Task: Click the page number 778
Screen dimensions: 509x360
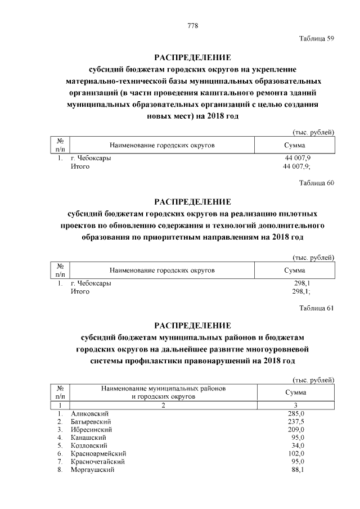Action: tap(192, 26)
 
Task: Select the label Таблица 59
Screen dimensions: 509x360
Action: tap(317, 38)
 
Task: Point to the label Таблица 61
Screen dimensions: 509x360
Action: tap(317, 307)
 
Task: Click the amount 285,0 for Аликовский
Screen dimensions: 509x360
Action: tap(295, 413)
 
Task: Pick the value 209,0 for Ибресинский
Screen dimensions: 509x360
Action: tap(295, 429)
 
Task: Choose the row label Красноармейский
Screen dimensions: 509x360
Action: tap(98, 453)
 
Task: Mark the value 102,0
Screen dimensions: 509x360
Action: tap(295, 453)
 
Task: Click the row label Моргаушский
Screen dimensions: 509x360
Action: tap(92, 470)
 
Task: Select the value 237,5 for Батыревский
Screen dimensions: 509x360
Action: tap(295, 421)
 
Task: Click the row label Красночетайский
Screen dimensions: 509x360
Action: tap(98, 461)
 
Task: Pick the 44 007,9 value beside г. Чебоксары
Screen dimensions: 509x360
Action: tap(295, 158)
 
